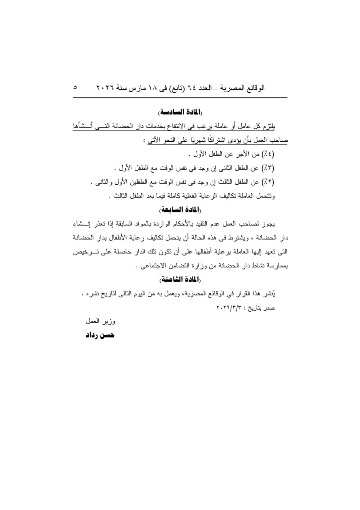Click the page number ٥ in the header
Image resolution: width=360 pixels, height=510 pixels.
tap(75, 88)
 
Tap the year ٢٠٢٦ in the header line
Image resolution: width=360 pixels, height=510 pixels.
tap(105, 88)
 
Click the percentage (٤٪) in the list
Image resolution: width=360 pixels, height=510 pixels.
tap(268, 154)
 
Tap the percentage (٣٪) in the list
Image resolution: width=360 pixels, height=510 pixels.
tap(268, 168)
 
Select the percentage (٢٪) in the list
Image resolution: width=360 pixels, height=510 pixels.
tap(268, 182)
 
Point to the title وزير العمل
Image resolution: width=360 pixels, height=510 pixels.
tap(100, 322)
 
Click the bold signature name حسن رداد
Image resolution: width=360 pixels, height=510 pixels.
tap(100, 335)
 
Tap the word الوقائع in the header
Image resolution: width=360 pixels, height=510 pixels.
tap(255, 88)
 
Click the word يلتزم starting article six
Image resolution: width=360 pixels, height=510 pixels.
tap(269, 126)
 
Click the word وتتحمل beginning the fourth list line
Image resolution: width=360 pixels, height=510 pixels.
tap(266, 196)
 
